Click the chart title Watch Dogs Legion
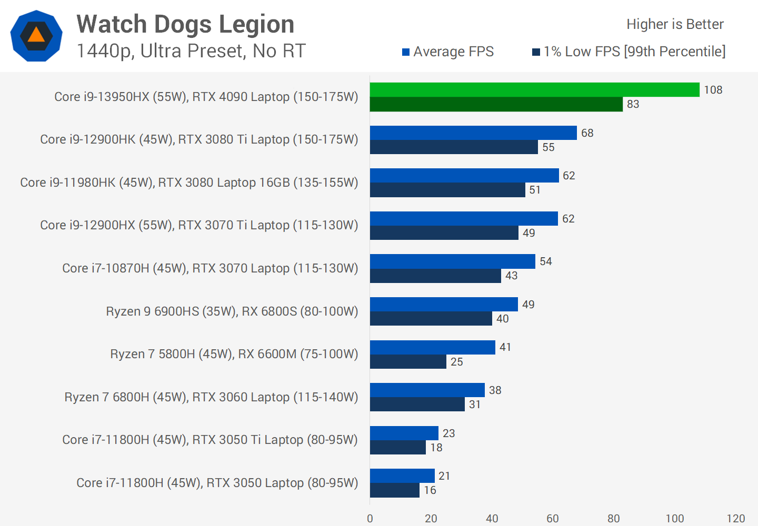[185, 24]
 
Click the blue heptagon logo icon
[36, 36]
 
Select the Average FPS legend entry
[447, 52]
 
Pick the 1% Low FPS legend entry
[629, 52]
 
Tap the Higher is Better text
[675, 24]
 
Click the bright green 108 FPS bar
[534, 90]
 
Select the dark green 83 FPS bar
[496, 104]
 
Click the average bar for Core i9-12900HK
[473, 133]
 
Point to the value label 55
[548, 147]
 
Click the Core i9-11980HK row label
[189, 183]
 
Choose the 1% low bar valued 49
[444, 232]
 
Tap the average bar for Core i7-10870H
[452, 261]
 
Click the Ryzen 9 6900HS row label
[232, 311]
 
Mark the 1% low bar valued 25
[408, 361]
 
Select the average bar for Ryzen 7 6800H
[427, 390]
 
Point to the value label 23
[448, 433]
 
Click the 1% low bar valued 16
[395, 490]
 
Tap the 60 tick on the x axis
[553, 519]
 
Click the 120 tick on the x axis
[735, 519]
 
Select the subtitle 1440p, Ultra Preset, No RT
[191, 51]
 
